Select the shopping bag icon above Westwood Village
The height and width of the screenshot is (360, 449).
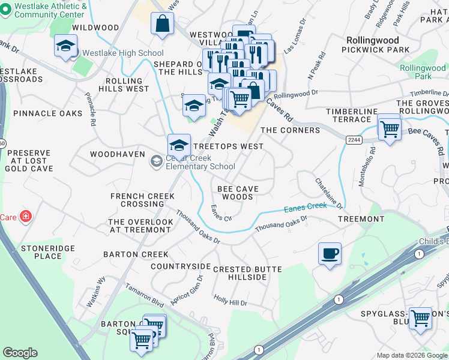click(x=163, y=25)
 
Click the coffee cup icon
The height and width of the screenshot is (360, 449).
click(x=330, y=254)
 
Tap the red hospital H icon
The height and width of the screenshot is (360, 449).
click(x=25, y=217)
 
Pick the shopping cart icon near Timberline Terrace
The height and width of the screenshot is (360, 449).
click(x=390, y=128)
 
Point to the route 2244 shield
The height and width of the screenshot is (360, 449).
click(x=354, y=139)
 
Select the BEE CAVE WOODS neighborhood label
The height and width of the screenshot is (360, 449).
click(x=239, y=193)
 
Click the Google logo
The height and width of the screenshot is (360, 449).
click(x=20, y=353)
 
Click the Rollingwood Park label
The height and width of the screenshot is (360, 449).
click(x=423, y=72)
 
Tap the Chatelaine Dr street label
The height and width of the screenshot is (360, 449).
click(x=329, y=193)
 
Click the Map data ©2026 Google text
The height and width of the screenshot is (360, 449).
click(x=411, y=355)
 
